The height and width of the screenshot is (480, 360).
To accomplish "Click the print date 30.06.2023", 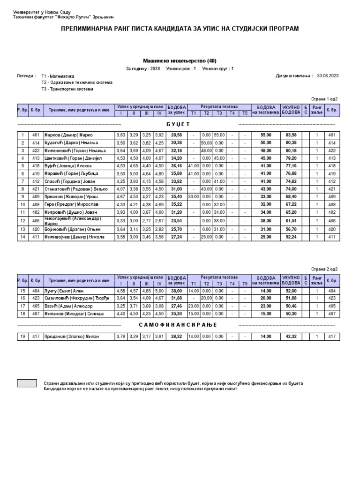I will tap(328, 75).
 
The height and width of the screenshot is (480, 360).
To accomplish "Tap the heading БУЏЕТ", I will tap(178, 124).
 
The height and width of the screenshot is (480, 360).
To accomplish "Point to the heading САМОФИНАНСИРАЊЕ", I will tap(179, 325).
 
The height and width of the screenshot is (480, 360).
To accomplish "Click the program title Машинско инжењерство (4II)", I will tap(180, 60).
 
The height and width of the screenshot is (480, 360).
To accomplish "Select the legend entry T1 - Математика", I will tap(58, 75).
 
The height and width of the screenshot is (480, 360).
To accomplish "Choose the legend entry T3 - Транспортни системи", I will tap(67, 89).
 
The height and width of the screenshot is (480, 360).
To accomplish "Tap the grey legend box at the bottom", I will tap(27, 383).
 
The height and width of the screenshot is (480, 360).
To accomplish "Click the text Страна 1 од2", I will tap(324, 99).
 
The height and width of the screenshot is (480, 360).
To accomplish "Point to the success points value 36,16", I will tap(176, 165).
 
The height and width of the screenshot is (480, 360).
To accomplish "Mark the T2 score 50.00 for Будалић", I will tap(206, 142).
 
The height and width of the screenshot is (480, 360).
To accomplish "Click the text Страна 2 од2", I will tap(324, 269).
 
